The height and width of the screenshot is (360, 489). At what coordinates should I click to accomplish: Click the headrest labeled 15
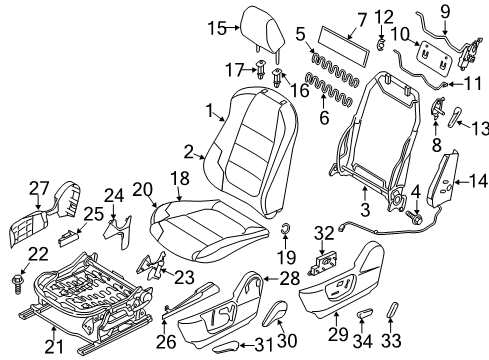(263, 32)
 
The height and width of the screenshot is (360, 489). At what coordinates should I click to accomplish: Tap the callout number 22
(38, 254)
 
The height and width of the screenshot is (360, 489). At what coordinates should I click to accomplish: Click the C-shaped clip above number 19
(286, 228)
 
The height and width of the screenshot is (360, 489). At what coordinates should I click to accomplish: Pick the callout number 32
(324, 233)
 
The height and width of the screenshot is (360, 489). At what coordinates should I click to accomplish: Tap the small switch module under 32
(323, 263)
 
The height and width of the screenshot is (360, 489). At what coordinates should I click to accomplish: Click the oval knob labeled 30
(275, 313)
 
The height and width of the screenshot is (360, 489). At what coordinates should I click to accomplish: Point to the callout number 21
(54, 347)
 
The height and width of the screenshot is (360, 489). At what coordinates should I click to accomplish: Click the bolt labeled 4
(413, 217)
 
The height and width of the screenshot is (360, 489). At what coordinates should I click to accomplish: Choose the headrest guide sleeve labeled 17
(260, 69)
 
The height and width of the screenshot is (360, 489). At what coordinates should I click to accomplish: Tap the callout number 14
(478, 182)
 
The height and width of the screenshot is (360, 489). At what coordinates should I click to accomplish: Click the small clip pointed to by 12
(381, 44)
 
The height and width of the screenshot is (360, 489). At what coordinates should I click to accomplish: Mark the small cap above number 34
(364, 314)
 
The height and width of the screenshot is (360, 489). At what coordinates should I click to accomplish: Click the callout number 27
(39, 188)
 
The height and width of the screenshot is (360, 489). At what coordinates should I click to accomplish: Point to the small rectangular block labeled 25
(69, 238)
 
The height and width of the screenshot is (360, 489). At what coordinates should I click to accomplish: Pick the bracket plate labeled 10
(435, 57)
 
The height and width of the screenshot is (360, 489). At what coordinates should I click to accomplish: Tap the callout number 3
(365, 210)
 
